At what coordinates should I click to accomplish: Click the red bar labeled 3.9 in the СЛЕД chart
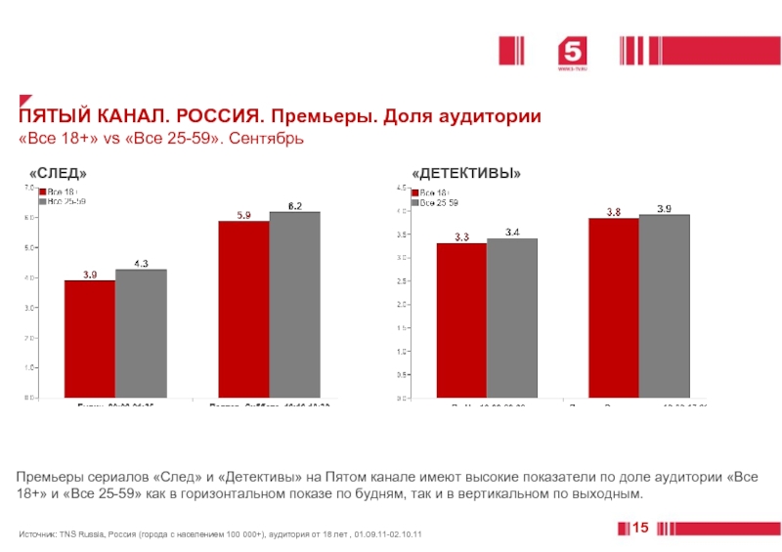(90, 339)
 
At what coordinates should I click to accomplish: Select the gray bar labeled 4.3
(141, 333)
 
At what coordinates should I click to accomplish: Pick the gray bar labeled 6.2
(295, 305)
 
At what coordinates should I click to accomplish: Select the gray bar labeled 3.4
(512, 318)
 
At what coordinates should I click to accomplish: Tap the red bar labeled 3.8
(614, 308)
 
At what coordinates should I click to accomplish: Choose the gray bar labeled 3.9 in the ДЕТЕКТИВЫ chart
(665, 306)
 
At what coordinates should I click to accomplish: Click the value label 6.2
(295, 205)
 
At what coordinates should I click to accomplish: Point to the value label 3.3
(461, 236)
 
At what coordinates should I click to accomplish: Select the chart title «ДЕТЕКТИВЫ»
(466, 173)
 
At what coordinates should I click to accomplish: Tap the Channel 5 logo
(571, 54)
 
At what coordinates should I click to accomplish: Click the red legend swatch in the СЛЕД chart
(42, 192)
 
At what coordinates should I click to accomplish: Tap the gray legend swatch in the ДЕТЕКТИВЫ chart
(415, 202)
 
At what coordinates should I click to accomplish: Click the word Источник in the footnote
(37, 535)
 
